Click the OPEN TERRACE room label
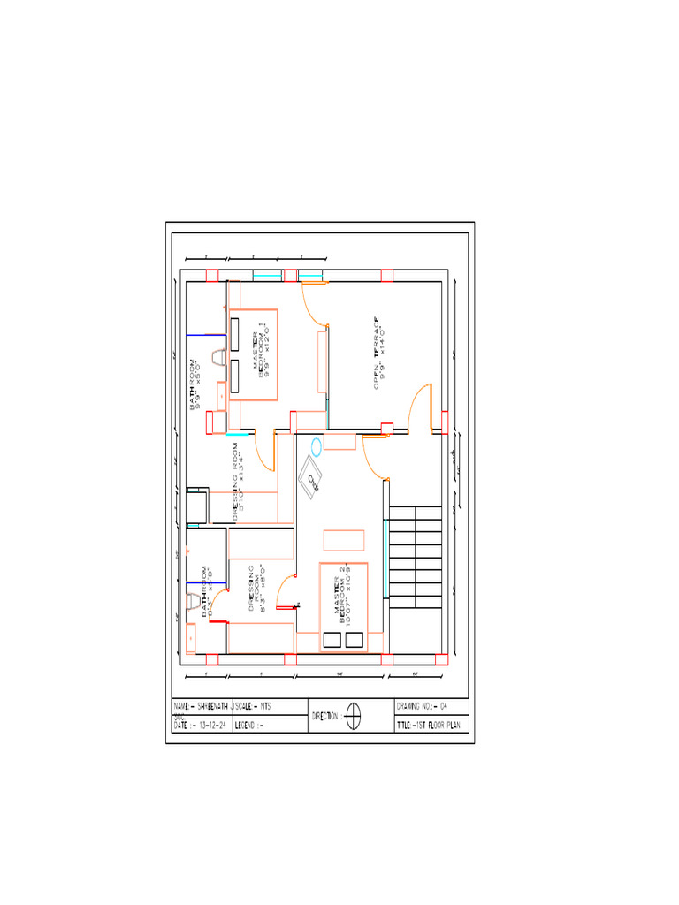[378, 352]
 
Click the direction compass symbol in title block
[353, 715]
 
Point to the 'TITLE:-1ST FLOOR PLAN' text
[431, 725]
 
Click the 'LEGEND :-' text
[250, 725]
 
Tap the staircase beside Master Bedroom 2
[415, 555]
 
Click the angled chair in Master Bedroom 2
[312, 478]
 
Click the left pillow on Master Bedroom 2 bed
[333, 640]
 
